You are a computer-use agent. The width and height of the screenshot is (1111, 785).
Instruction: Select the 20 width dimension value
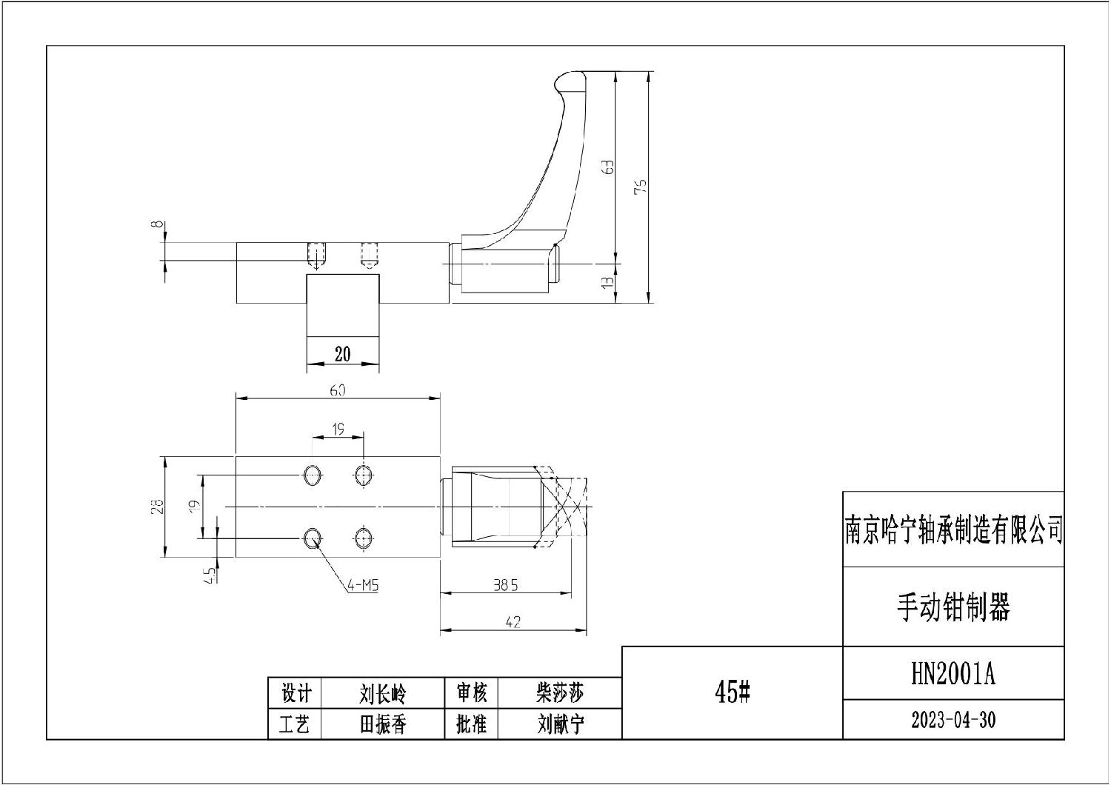pyautogui.click(x=342, y=354)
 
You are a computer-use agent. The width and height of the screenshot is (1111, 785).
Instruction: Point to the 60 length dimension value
pyautogui.click(x=337, y=390)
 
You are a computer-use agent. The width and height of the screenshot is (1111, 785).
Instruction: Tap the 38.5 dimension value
pyautogui.click(x=506, y=585)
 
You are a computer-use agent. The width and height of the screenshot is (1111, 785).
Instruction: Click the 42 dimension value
pyautogui.click(x=513, y=623)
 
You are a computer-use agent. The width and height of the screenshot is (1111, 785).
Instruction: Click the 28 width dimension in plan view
pyautogui.click(x=157, y=507)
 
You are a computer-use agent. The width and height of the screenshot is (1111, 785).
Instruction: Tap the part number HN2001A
pyautogui.click(x=953, y=674)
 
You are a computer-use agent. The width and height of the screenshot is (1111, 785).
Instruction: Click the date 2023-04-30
pyautogui.click(x=953, y=720)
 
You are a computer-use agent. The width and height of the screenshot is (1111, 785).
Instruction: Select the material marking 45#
pyautogui.click(x=733, y=692)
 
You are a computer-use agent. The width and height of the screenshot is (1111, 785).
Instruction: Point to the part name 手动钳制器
pyautogui.click(x=953, y=607)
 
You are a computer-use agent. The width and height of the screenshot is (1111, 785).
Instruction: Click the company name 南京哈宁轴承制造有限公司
pyautogui.click(x=954, y=530)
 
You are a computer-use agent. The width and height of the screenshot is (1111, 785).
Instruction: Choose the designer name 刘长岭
pyautogui.click(x=382, y=694)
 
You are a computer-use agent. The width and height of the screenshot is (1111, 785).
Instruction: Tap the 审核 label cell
pyautogui.click(x=471, y=693)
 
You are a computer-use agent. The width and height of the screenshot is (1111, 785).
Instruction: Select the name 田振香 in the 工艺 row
pyautogui.click(x=382, y=724)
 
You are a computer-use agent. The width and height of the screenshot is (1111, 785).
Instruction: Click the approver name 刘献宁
pyautogui.click(x=560, y=724)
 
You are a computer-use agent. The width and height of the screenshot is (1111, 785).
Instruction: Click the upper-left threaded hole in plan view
pyautogui.click(x=312, y=474)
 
